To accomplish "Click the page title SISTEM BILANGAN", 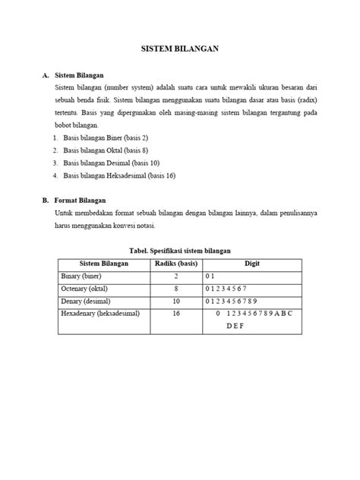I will [x=180, y=48].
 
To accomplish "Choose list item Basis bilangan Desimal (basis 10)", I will [x=111, y=163].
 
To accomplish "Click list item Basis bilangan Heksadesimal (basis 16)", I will [x=119, y=175].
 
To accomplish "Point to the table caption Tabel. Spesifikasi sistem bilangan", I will [x=180, y=250].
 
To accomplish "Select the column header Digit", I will [x=251, y=263].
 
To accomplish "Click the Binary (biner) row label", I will [x=81, y=276].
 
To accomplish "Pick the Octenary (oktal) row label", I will [x=85, y=289].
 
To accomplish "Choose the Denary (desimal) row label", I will [x=85, y=301].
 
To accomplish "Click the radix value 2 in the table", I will [x=175, y=276].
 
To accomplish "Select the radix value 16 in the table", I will [x=175, y=313].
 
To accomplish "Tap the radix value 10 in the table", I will [x=175, y=301].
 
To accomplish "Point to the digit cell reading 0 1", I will [x=211, y=276].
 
